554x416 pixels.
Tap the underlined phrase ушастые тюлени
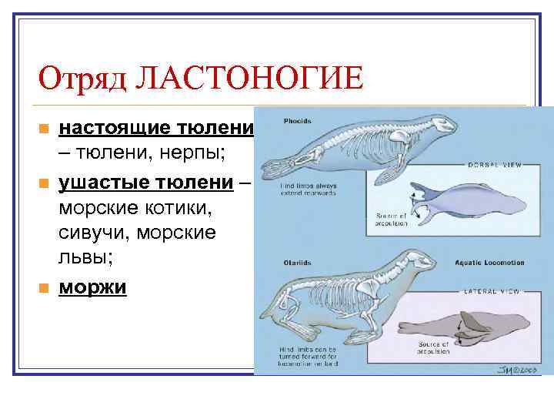pyautogui.click(x=146, y=182)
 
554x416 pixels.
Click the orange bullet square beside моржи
pyautogui.click(x=44, y=287)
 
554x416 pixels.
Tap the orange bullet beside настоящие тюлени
pyautogui.click(x=44, y=128)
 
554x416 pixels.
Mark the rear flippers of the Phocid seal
pyautogui.click(x=277, y=162)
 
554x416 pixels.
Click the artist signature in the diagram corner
pyautogui.click(x=511, y=367)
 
